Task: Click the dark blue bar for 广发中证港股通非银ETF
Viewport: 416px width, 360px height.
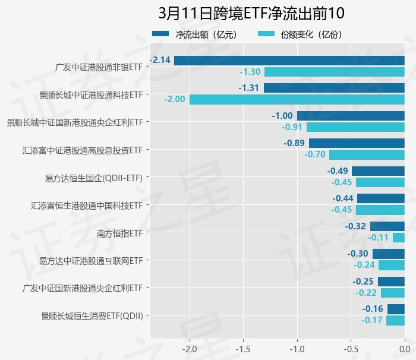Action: coord(289,60)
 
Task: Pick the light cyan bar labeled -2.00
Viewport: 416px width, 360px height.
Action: coord(297,99)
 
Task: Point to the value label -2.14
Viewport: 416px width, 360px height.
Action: coord(160,60)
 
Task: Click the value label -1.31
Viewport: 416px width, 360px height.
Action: coord(250,88)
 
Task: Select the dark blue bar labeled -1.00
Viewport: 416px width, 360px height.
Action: coord(351,116)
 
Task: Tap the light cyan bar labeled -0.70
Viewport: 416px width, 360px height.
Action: coord(367,154)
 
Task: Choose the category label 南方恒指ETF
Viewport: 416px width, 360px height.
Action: coord(119,233)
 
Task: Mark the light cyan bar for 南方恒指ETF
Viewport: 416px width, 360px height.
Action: coord(399,238)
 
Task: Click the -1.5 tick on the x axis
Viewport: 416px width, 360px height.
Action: coord(243,348)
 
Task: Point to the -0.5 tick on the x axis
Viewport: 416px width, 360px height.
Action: coord(351,348)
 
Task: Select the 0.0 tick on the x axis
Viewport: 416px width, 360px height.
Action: coord(404,348)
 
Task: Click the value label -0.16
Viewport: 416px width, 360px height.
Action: coord(373,309)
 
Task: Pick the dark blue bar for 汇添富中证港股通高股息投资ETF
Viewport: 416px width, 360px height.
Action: coord(357,143)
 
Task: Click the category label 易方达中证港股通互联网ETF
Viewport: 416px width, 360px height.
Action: coord(90,261)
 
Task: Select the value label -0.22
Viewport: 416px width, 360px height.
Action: coord(366,293)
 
